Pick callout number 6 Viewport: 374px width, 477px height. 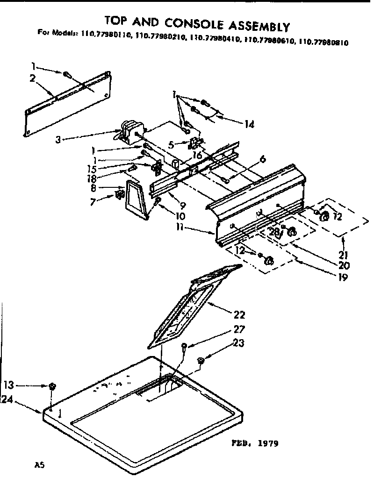pyautogui.click(x=263, y=159)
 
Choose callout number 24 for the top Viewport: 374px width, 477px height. pyautogui.click(x=7, y=399)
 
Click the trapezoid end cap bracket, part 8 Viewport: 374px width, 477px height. pyautogui.click(x=135, y=199)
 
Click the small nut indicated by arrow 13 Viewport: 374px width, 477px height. pyautogui.click(x=52, y=386)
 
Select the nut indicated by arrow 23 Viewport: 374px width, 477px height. pyautogui.click(x=200, y=360)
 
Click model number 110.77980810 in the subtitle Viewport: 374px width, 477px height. pyautogui.click(x=324, y=42)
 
